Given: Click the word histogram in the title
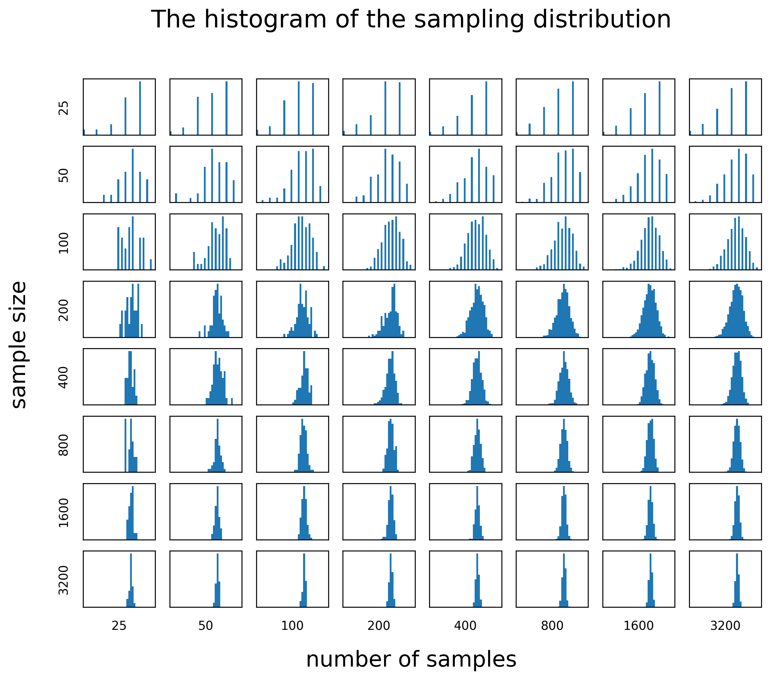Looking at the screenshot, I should [x=264, y=20].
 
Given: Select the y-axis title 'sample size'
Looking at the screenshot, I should [x=19, y=345].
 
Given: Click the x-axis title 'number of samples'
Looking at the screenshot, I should [x=411, y=660].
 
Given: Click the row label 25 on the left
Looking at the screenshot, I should [x=64, y=108].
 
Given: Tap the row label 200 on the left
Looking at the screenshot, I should [x=64, y=310].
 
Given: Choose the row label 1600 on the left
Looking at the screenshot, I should [x=64, y=513].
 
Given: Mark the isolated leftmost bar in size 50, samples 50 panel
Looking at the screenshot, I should [x=176, y=197].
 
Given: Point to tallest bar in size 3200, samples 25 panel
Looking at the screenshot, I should [x=131, y=581].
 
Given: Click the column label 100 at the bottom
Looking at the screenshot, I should [x=292, y=626].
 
